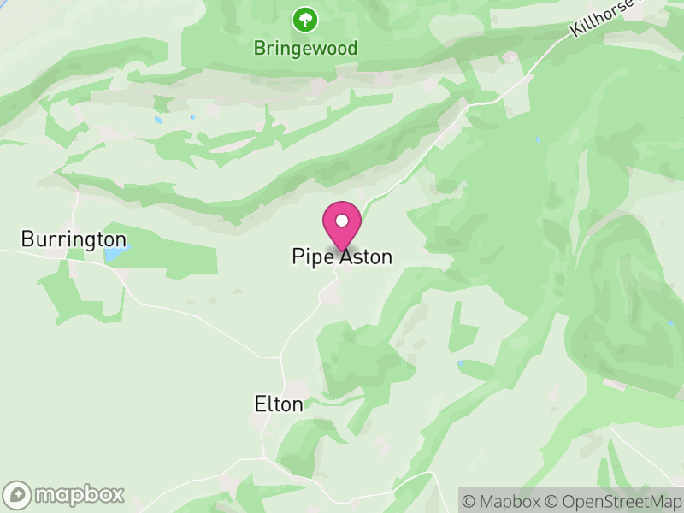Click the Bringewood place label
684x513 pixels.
pyautogui.click(x=305, y=48)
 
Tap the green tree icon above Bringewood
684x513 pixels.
pyautogui.click(x=304, y=18)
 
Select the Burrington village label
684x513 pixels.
pyautogui.click(x=74, y=239)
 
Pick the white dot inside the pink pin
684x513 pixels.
pyautogui.click(x=342, y=221)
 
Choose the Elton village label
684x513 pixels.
pyautogui.click(x=279, y=404)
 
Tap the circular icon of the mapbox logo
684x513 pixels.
pyautogui.click(x=18, y=495)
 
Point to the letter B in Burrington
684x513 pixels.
pyautogui.click(x=27, y=239)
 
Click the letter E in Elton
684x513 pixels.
pyautogui.click(x=261, y=404)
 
